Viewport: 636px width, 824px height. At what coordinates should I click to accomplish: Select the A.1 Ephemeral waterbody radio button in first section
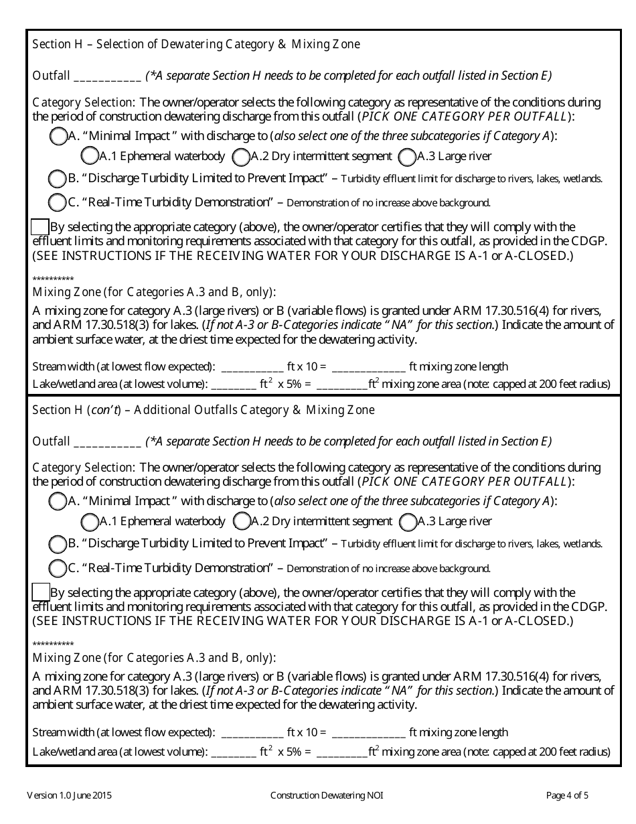pos(89,156)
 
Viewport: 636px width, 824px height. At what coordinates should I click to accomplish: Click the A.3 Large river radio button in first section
pos(406,157)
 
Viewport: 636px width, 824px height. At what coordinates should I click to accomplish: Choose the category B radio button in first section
pos(58,179)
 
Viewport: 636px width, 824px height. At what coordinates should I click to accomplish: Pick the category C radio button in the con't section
pos(58,568)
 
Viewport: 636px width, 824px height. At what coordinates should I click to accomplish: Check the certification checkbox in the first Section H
pos(41,226)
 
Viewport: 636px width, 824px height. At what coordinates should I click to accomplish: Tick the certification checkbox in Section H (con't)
pos(41,592)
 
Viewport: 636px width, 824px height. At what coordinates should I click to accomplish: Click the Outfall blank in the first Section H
pos(107,76)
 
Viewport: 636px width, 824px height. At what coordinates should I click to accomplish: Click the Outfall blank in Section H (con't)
pos(107,442)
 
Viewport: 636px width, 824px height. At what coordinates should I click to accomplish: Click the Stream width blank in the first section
pos(252,367)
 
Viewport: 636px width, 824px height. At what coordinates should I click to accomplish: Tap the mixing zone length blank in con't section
pos(368,733)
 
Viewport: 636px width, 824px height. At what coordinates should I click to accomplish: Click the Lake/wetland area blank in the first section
pos(234,385)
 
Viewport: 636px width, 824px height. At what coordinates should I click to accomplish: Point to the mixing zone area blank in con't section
pos(341,752)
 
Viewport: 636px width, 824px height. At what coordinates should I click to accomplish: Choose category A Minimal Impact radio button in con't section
pos(58,501)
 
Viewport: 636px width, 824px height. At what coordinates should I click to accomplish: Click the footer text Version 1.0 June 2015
pos(69,796)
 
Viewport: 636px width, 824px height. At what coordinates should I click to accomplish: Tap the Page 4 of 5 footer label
pos(567,796)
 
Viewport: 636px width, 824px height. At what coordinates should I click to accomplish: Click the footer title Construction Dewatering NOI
pos(327,796)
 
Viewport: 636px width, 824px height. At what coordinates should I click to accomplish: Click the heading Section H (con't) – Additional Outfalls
pos(204,410)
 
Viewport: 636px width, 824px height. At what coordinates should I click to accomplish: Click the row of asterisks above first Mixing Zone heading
pos(53,279)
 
